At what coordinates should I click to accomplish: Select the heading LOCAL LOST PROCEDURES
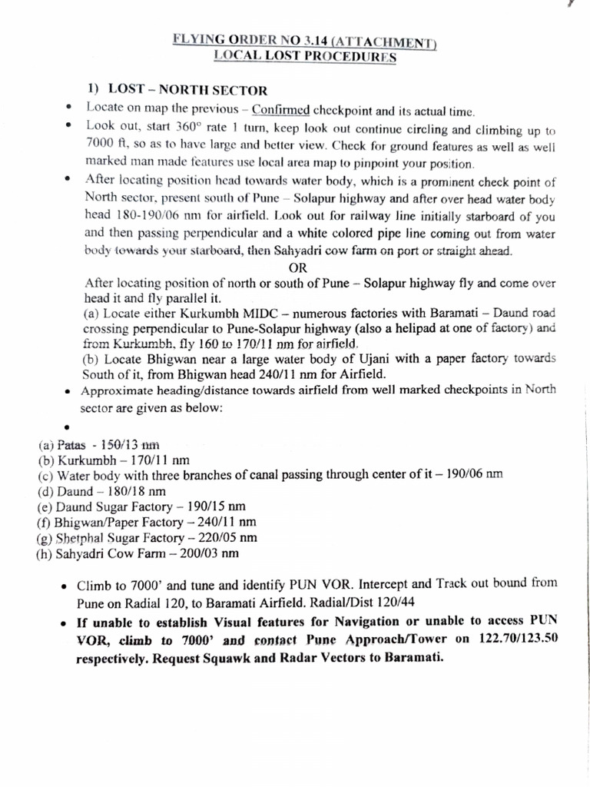[305, 56]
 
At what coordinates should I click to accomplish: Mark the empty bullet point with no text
[68, 427]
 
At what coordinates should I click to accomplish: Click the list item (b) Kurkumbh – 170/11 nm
[114, 460]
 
